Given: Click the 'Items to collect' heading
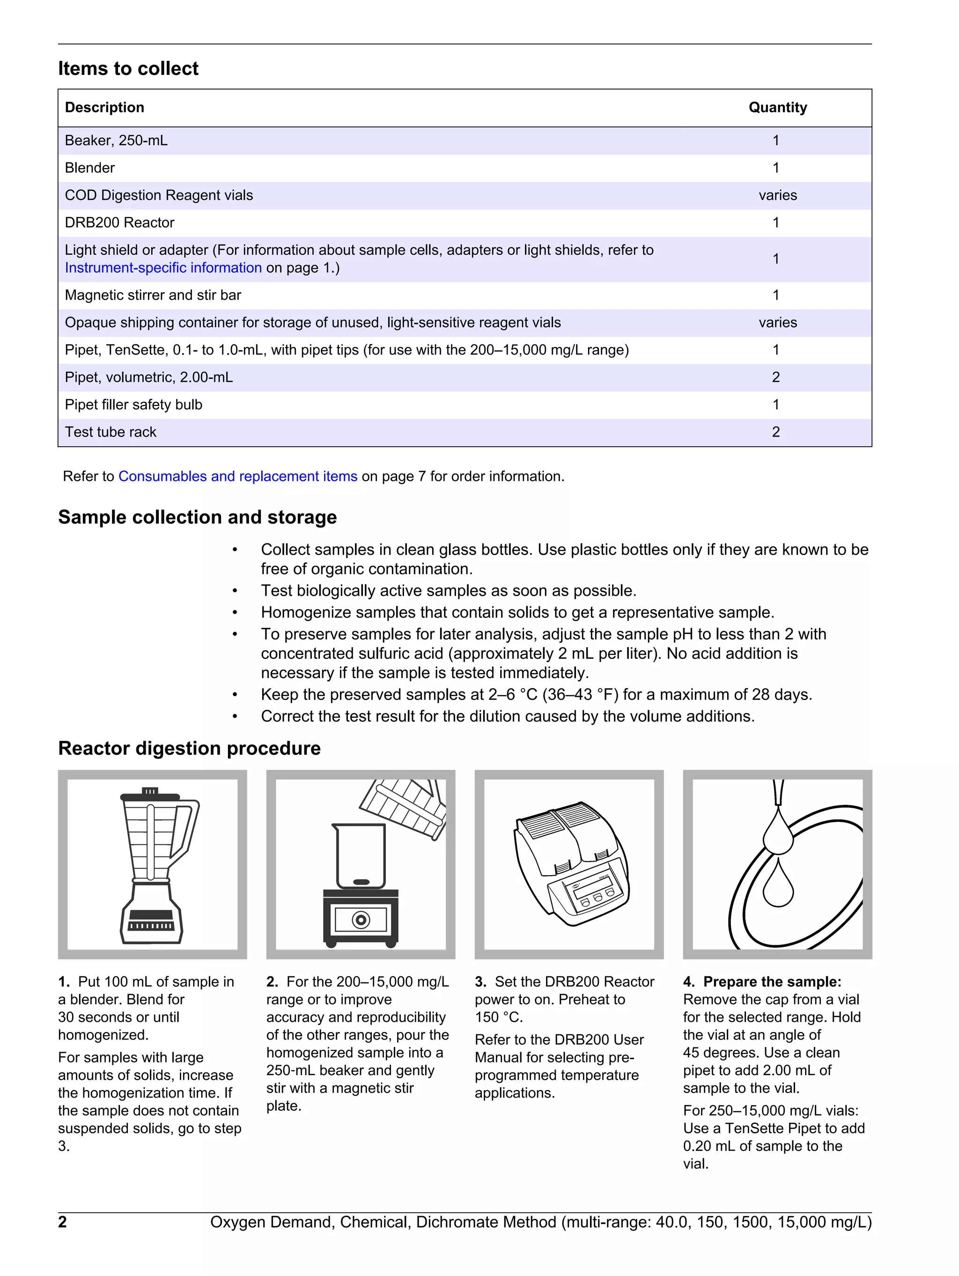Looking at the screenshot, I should coord(128,69).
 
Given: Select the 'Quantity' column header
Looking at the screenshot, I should coord(777,108).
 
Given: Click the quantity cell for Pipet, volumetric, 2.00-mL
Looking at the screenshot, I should coord(775,377).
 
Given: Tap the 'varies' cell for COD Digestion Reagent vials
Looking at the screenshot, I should coord(777,196).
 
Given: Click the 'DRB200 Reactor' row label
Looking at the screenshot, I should coord(119,223).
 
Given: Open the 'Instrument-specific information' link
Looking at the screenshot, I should coord(163,268).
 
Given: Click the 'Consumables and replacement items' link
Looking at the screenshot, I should coord(238,477).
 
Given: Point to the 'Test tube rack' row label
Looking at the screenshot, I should coord(111,432).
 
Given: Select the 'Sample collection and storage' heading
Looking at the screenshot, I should coord(197,517).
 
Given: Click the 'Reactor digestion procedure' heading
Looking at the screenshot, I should coord(189,748).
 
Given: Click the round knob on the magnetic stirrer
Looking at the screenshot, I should coord(361,920).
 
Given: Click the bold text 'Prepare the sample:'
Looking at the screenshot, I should coord(772,982).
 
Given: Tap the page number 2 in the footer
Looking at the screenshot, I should coord(62,1222).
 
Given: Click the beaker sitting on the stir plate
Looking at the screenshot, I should coord(361,856).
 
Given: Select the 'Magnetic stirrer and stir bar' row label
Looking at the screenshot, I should coord(153,295).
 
